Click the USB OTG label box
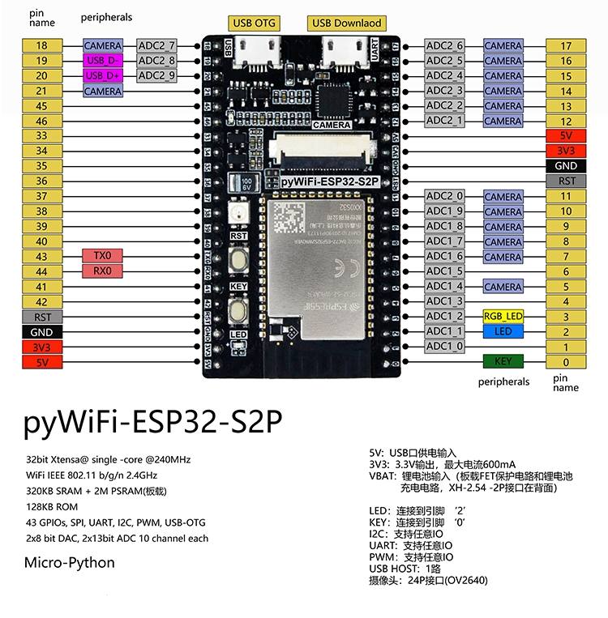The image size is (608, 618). coord(254,23)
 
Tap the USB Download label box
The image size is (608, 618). coord(345,23)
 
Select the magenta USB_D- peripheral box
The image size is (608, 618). coord(103,61)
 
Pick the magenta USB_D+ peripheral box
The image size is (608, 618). coord(103,75)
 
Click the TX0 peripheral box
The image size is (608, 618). coord(103,256)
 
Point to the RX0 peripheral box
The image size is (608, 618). coord(103,271)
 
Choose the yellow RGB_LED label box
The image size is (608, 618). coord(503,317)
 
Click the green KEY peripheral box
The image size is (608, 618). coord(503,361)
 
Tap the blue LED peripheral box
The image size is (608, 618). coord(503,331)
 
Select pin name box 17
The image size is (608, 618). coord(566,46)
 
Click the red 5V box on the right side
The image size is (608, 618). coord(566,136)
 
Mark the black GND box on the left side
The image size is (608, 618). coord(41,332)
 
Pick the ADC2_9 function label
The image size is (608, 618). coord(157,75)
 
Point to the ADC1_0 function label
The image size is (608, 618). coord(445,347)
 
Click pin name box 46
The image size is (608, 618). coord(41,121)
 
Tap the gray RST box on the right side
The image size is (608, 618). coord(566,181)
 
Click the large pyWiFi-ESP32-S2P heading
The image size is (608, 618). coord(154,421)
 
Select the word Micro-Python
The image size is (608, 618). coord(70,562)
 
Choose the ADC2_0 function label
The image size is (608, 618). coord(445,196)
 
